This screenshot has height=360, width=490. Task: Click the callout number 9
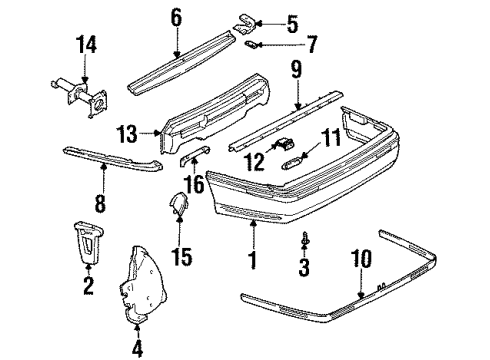(296, 70)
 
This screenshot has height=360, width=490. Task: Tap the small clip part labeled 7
(257, 45)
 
